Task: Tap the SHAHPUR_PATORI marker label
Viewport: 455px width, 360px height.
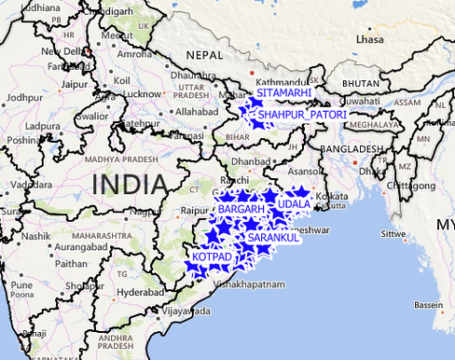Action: click(x=302, y=115)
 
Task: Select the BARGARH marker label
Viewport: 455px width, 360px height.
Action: click(x=241, y=211)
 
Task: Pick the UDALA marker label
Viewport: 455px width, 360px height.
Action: click(x=294, y=203)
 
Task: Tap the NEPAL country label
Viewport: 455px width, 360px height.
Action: click(x=204, y=56)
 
